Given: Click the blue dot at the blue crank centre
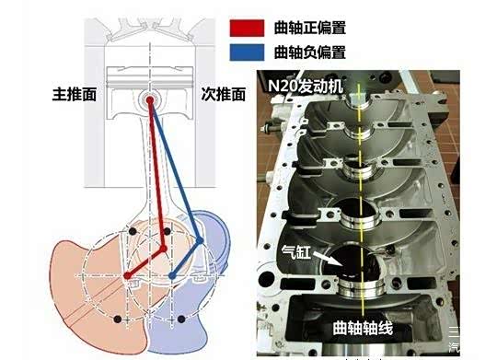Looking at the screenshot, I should point(173,275).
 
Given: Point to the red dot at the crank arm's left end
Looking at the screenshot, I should point(126,274).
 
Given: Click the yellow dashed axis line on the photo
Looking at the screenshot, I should point(358,184).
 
